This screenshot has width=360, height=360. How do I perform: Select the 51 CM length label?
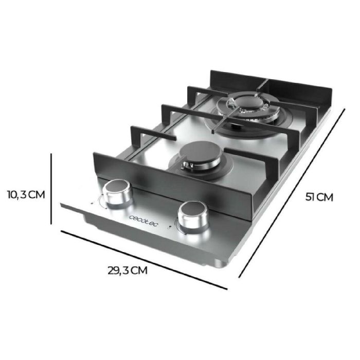coord(319,196)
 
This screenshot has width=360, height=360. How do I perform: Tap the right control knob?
coord(193,217)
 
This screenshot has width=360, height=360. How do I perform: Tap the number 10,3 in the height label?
coord(15,194)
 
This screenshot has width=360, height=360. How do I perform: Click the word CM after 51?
coord(325,196)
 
